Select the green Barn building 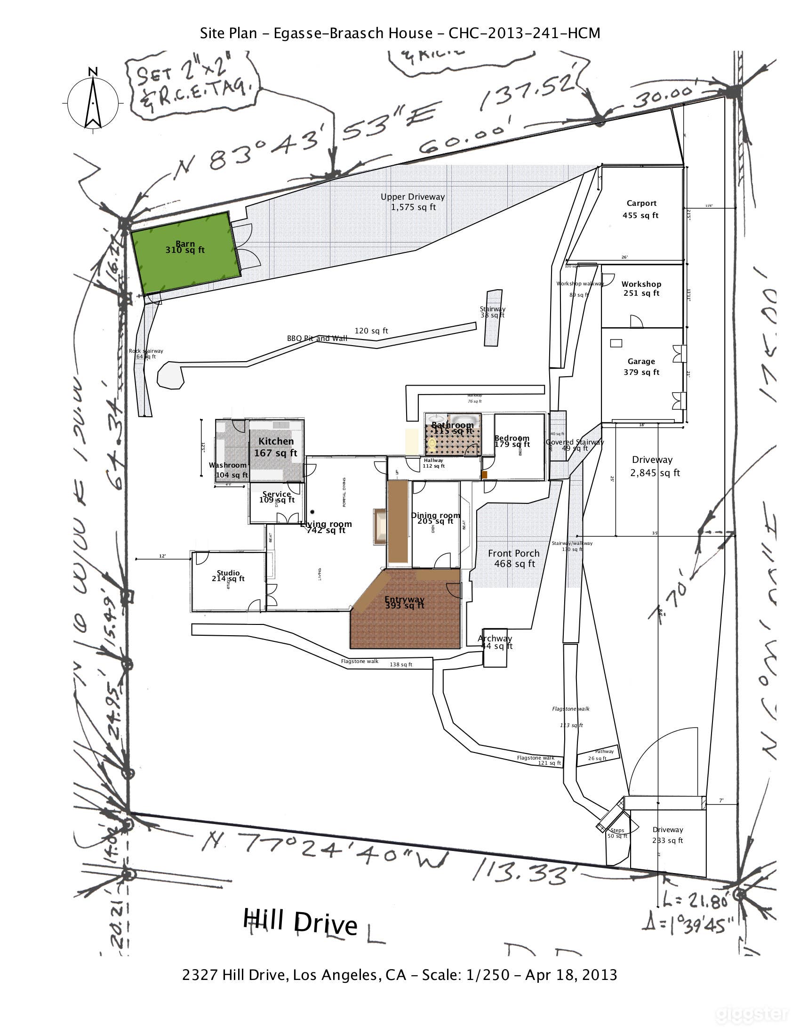pos(185,253)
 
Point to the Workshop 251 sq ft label pos(641,288)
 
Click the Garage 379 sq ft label pos(641,367)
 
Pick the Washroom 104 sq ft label pos(229,469)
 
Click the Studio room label pos(228,576)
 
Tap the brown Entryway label pos(404,602)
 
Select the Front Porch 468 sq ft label pos(514,558)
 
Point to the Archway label pos(495,641)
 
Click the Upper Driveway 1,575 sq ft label pos(413,202)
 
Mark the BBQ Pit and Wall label pos(317,338)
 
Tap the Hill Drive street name pos(300,922)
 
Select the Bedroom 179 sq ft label pos(512,441)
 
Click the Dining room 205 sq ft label pos(435,518)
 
